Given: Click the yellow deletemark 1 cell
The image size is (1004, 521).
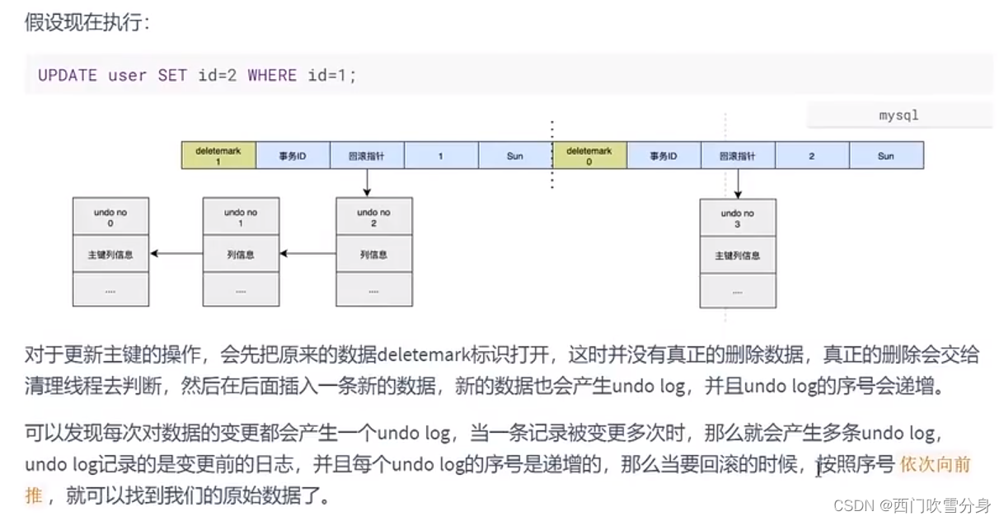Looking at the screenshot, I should pyautogui.click(x=218, y=156).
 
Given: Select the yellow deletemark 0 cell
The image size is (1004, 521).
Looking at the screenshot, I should pyautogui.click(x=589, y=156).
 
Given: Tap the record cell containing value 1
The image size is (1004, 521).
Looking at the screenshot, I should pyautogui.click(x=441, y=156).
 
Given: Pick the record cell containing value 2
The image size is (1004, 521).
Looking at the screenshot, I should pyautogui.click(x=812, y=156).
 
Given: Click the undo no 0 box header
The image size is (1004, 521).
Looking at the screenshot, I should pyautogui.click(x=110, y=218).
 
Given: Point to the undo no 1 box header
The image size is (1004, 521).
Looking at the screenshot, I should pyautogui.click(x=241, y=218).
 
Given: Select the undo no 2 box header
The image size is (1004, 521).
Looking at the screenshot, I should pyautogui.click(x=373, y=218).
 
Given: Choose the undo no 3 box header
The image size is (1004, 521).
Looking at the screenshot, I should pyautogui.click(x=737, y=218).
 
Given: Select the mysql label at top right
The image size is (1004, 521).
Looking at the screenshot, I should pyautogui.click(x=898, y=115).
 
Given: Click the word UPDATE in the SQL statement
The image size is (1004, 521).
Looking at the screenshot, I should pyautogui.click(x=68, y=76).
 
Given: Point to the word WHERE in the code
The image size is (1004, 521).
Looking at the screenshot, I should pyautogui.click(x=271, y=76).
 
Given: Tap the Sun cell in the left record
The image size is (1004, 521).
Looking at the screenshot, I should pyautogui.click(x=515, y=156).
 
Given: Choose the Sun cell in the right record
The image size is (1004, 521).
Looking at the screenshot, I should pyautogui.click(x=886, y=156).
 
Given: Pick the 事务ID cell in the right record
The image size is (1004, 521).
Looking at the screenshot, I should pyautogui.click(x=664, y=156).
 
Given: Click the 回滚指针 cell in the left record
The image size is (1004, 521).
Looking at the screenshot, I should pyautogui.click(x=367, y=156).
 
